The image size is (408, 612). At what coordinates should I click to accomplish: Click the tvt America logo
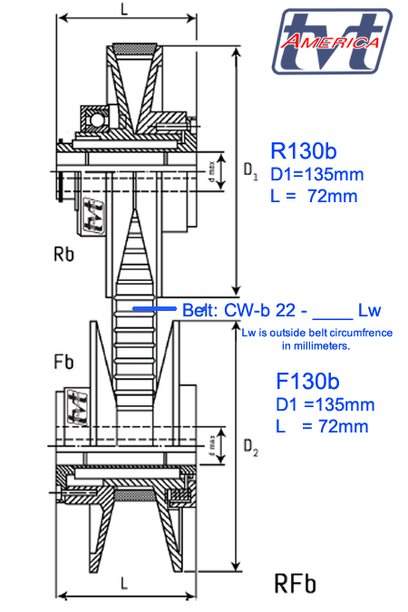tap(332, 42)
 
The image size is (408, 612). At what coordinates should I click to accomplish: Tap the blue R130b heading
tap(304, 151)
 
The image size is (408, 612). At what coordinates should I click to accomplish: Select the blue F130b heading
tap(307, 382)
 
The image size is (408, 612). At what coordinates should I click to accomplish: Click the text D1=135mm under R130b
tap(317, 174)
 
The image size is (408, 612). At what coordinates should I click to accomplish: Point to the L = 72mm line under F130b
tap(322, 426)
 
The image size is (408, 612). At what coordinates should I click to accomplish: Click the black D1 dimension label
tap(250, 170)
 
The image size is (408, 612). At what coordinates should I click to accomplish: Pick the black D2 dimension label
tap(250, 447)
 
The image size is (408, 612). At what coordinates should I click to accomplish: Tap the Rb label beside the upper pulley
tap(63, 255)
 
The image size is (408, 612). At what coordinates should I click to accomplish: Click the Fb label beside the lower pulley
tap(63, 362)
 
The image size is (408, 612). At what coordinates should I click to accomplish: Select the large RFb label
tap(296, 584)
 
